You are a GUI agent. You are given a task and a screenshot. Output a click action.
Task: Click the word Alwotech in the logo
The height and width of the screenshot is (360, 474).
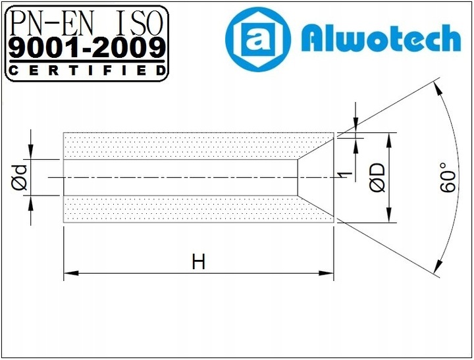pyautogui.click(x=381, y=39)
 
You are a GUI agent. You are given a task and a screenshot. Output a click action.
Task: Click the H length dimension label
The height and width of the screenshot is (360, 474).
pyautogui.click(x=199, y=262)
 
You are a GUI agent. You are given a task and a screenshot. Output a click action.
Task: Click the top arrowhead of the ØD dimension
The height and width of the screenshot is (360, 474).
pyautogui.click(x=389, y=138)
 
